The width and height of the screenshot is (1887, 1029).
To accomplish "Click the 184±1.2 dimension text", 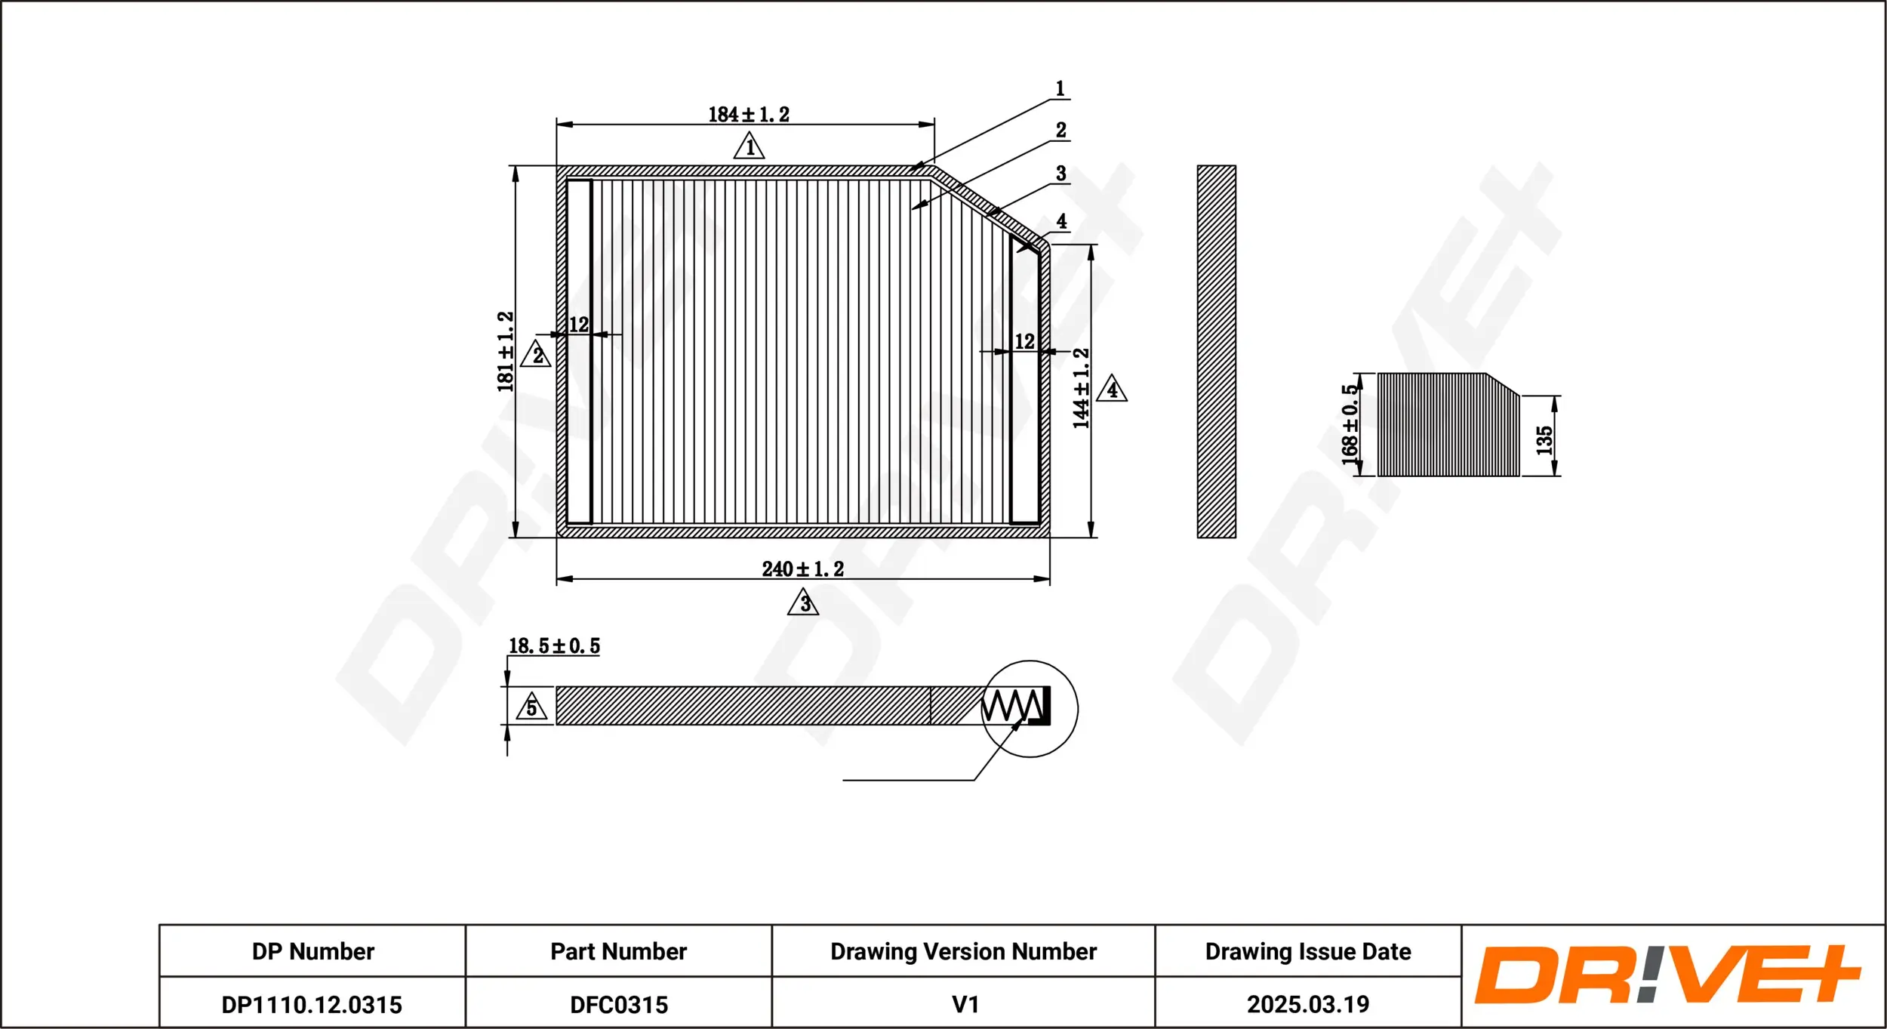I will (x=748, y=115).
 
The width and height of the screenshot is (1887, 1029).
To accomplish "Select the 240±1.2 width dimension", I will (x=802, y=569).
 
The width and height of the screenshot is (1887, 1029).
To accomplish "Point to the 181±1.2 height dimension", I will (x=506, y=352).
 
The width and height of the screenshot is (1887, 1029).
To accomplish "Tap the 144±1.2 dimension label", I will (x=1081, y=389).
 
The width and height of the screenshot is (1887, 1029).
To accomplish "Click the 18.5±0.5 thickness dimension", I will (x=554, y=646).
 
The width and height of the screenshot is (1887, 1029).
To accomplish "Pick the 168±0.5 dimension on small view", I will (x=1350, y=425).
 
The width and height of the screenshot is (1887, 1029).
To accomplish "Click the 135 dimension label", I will (x=1544, y=440).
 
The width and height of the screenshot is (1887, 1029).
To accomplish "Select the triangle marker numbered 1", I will (x=749, y=146).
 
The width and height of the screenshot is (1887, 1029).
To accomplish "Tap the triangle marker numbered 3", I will (x=803, y=603).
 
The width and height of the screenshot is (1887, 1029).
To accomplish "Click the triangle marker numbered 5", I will (x=531, y=707).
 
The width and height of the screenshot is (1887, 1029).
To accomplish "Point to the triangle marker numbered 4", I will (x=1111, y=390).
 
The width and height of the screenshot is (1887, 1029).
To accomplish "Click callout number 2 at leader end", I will (x=1060, y=130).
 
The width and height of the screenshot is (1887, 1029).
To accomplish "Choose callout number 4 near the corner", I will (x=1061, y=221).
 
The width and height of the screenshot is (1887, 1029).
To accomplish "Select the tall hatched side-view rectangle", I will (x=1216, y=352).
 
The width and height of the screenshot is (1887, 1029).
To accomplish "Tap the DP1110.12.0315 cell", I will (x=312, y=1005).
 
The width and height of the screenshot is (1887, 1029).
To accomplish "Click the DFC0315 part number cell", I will (x=618, y=1005).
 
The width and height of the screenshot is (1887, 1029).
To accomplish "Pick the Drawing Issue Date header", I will (x=1307, y=951).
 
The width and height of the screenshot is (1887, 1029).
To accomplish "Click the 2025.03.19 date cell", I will (x=1307, y=1005).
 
